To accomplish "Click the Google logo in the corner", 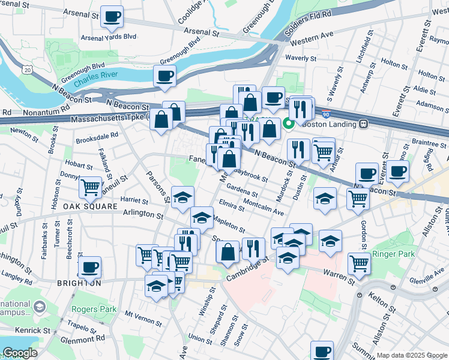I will pyautogui.click(x=19, y=353).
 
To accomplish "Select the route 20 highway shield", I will pyautogui.click(x=28, y=71).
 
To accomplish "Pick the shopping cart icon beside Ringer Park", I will pyautogui.click(x=359, y=262).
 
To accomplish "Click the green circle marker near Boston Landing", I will pyautogui.click(x=288, y=124).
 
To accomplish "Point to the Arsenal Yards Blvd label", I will pyautogui.click(x=112, y=37).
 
